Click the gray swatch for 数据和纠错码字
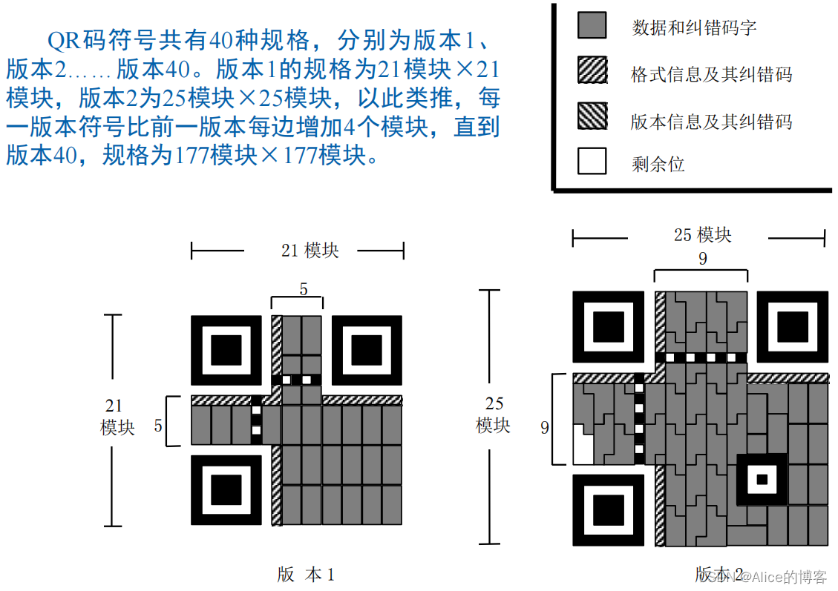(592, 26)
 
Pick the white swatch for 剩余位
(592, 161)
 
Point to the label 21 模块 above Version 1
(310, 251)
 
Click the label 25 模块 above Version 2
(702, 235)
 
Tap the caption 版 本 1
(306, 574)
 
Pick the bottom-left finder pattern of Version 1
(226, 490)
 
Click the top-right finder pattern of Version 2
(792, 327)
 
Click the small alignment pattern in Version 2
(761, 478)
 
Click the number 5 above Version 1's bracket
(303, 288)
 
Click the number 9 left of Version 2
(544, 428)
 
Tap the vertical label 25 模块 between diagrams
(494, 415)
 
